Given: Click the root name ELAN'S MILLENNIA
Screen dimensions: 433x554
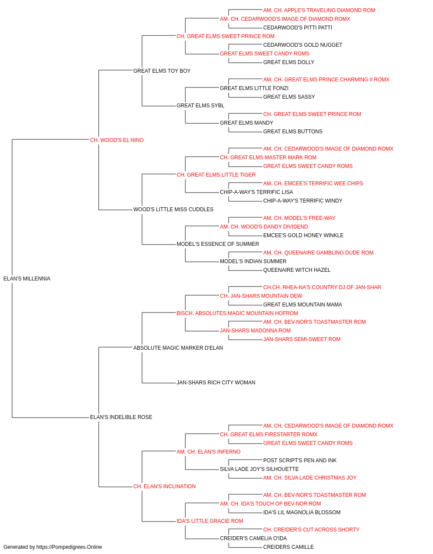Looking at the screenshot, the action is (27, 279).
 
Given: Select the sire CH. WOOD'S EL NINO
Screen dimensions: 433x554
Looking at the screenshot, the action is (117, 140).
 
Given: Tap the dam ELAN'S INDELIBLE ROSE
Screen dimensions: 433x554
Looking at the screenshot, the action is (121, 417).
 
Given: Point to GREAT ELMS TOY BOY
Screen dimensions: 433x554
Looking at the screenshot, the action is (162, 71).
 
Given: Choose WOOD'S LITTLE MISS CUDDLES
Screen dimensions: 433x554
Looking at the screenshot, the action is (173, 209).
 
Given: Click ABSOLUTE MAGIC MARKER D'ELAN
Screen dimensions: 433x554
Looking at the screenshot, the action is (178, 348).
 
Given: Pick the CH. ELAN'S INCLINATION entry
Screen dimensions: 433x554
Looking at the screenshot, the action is (165, 486).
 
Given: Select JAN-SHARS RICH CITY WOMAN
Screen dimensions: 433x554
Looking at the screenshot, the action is (216, 383).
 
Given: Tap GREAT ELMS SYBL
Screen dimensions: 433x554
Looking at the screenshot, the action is (200, 106).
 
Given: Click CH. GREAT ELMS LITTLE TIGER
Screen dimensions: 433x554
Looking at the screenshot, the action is (216, 174).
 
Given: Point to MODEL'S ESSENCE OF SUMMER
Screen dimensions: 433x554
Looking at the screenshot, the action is (218, 244).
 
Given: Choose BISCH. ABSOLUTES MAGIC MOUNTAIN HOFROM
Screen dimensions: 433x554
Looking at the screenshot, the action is (237, 313).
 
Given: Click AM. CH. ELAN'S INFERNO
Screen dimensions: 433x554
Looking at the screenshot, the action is (209, 452).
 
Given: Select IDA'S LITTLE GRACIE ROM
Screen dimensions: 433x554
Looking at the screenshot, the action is (210, 521).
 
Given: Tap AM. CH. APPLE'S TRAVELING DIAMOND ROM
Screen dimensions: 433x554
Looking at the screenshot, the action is (319, 10).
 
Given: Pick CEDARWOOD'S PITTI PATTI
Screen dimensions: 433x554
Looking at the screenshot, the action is (297, 28).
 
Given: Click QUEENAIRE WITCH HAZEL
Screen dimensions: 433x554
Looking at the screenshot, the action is (297, 270).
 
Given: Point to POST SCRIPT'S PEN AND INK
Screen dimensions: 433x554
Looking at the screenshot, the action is (300, 461).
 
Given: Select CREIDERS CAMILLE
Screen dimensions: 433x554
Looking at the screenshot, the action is (288, 547).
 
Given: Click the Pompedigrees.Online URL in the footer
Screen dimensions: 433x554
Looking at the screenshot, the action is (69, 547).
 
